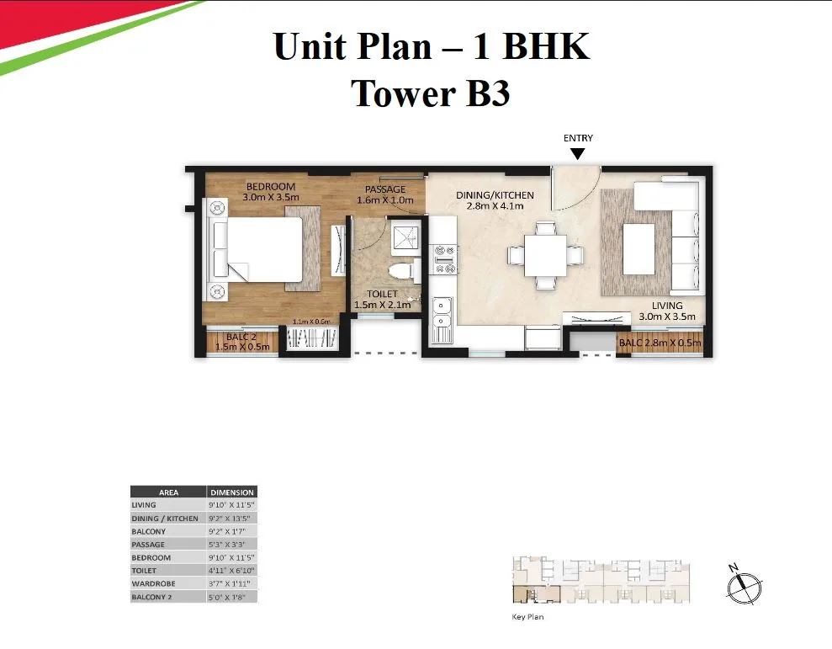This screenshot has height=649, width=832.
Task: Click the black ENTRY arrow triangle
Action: click(577, 153)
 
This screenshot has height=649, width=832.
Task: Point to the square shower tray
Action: click(405, 236)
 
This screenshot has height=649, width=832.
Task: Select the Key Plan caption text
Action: click(527, 617)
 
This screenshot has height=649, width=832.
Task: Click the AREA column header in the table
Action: click(168, 492)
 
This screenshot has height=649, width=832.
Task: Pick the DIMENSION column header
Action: click(231, 492)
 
